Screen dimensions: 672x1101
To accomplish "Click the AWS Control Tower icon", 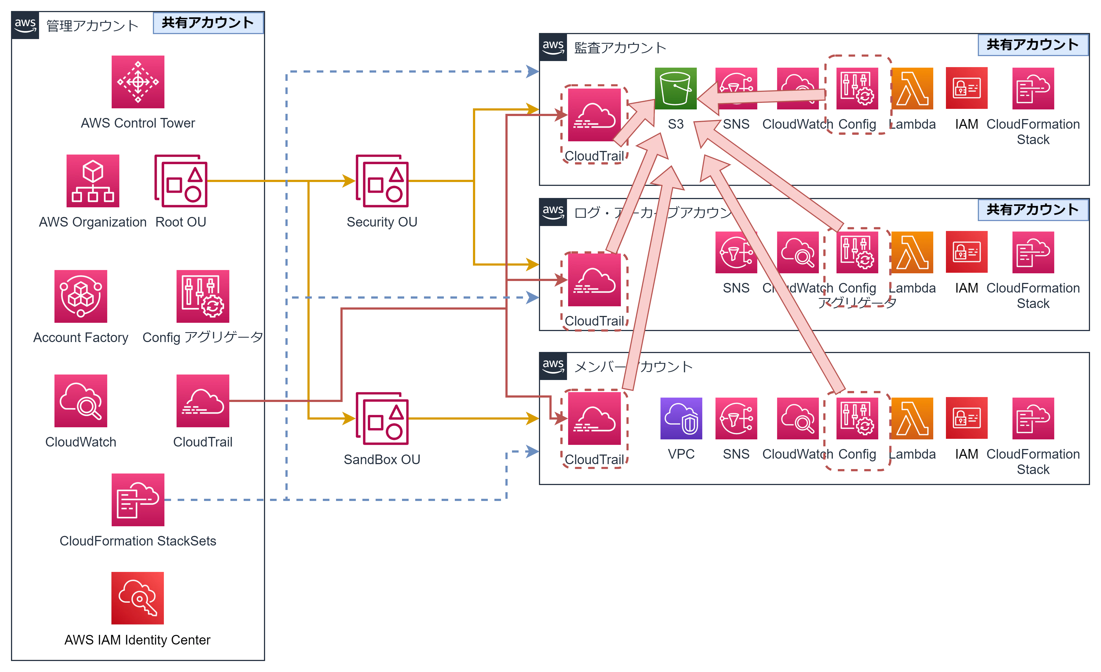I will click(x=137, y=82).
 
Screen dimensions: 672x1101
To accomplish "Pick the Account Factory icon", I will click(x=80, y=296).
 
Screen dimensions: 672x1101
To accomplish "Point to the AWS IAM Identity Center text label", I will click(x=137, y=641).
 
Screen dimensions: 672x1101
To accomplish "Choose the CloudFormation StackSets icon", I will click(x=137, y=500).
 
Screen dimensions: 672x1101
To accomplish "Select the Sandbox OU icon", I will click(x=382, y=419).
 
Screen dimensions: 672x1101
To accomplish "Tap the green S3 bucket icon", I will click(x=675, y=88).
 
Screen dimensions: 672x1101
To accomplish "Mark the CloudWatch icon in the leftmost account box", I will click(x=80, y=401).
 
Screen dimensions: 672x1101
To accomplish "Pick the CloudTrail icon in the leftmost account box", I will click(x=203, y=401).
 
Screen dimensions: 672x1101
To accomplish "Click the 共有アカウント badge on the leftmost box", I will click(x=208, y=23).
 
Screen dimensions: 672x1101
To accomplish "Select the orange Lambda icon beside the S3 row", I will click(x=912, y=88).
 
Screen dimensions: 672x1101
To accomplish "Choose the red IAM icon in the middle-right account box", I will click(x=967, y=252).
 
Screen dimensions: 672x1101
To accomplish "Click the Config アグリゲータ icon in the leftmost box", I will click(x=203, y=296).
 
